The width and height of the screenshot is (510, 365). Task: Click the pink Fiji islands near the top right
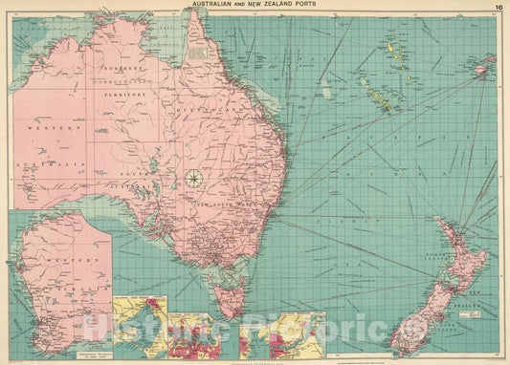pyautogui.click(x=483, y=66)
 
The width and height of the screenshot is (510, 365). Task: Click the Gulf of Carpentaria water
pyautogui.click(x=172, y=48)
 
